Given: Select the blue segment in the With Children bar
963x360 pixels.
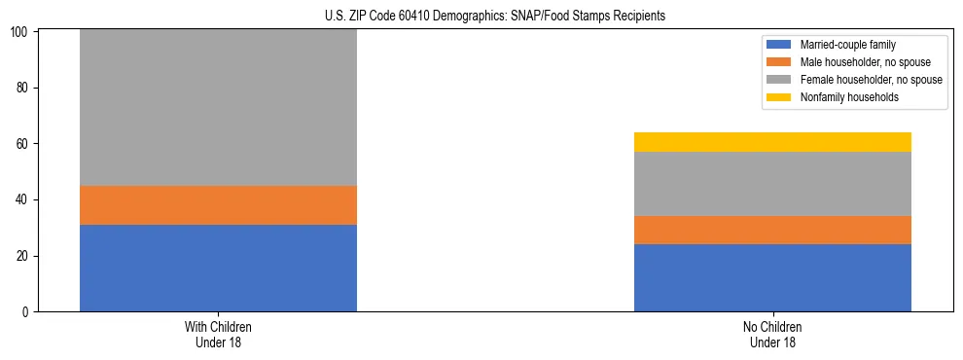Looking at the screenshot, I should (x=218, y=268).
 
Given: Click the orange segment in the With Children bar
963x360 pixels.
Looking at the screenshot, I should (x=218, y=205).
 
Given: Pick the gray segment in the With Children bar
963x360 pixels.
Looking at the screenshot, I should (x=218, y=107).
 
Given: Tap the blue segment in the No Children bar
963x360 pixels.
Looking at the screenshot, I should (x=772, y=277).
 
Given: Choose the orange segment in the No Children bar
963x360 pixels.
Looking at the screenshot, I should (x=772, y=230).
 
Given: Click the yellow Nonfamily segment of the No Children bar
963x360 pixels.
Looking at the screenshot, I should (x=772, y=142).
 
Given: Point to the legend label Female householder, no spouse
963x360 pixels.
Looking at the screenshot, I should (x=871, y=80).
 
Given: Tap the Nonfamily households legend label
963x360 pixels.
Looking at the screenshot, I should (x=849, y=97).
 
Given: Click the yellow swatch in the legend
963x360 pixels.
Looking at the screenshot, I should (x=779, y=97).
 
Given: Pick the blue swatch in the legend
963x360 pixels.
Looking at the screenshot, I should (x=779, y=45).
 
